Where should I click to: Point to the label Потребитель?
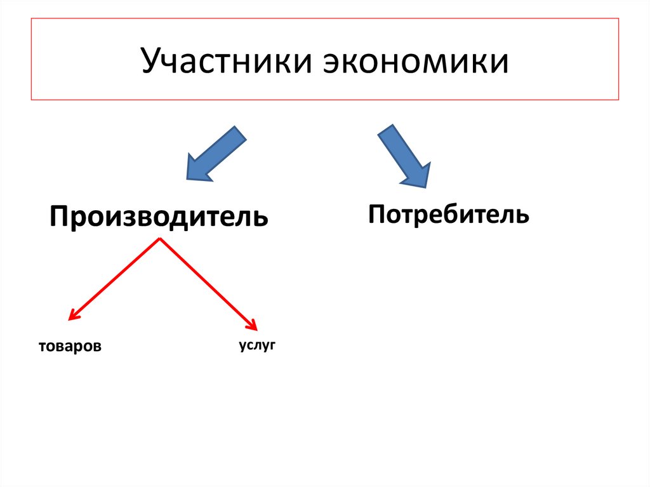tap(448, 214)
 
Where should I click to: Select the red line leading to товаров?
tap(114, 278)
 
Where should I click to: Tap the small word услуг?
tap(258, 345)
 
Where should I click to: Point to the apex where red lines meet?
tap(160, 239)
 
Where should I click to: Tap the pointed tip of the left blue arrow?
tap(187, 180)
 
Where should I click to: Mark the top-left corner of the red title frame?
tap(31, 18)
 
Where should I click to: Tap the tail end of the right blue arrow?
tap(387, 130)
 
